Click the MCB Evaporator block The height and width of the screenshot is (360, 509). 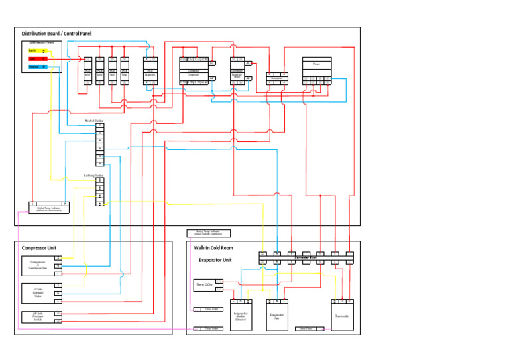tap(150, 71)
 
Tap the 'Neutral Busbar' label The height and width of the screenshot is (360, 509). tap(94, 121)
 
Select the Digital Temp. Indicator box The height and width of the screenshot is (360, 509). tap(49, 208)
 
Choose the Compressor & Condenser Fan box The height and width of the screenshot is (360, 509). tap(38, 265)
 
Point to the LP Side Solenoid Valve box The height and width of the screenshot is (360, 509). tap(38, 292)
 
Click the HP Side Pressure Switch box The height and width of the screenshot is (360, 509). tap(38, 316)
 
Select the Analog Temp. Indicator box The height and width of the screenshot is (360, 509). tap(209, 233)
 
